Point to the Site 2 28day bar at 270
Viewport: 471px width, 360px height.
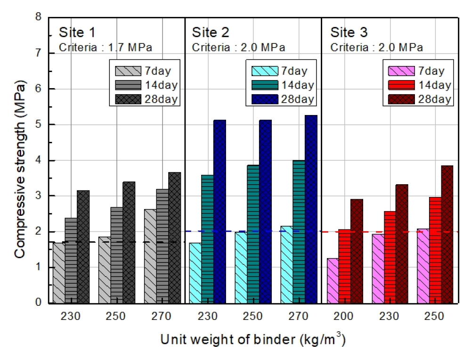pos(311,209)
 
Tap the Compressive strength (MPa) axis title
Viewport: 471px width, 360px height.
pos(19,160)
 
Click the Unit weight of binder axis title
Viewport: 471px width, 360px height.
pos(253,340)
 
